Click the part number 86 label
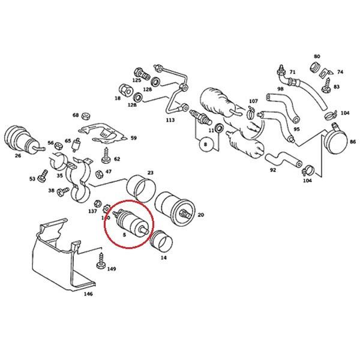pyautogui.click(x=353, y=142)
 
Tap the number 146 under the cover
pyautogui.click(x=88, y=295)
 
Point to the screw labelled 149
pyautogui.click(x=100, y=262)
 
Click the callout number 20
pyautogui.click(x=200, y=214)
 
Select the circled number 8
pyautogui.click(x=204, y=145)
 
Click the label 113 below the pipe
pyautogui.click(x=170, y=120)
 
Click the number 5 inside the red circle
pyautogui.click(x=124, y=236)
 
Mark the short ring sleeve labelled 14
pyautogui.click(x=160, y=244)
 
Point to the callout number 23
pyautogui.click(x=150, y=173)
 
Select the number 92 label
pyautogui.click(x=273, y=170)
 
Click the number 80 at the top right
pyautogui.click(x=317, y=56)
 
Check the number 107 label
pyautogui.click(x=253, y=101)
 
